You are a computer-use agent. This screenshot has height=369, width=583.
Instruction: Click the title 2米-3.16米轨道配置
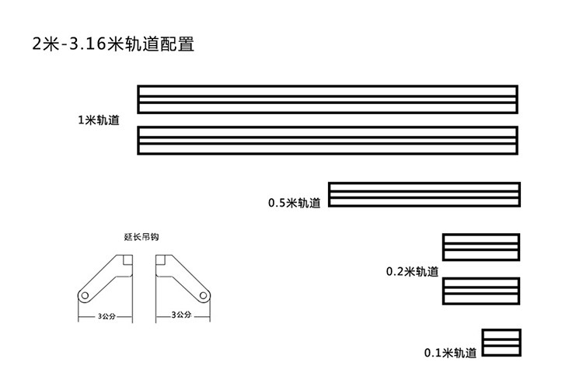click(x=113, y=44)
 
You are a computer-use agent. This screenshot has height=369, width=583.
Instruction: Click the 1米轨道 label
click(x=99, y=120)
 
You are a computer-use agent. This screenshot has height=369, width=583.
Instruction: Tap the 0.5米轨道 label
click(x=294, y=203)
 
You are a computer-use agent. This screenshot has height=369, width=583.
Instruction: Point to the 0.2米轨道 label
click(x=412, y=272)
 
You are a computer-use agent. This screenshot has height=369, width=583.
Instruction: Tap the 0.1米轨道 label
click(x=450, y=353)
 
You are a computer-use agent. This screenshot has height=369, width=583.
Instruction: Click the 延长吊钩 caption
click(x=141, y=237)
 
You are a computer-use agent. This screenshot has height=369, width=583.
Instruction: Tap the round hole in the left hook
click(x=85, y=296)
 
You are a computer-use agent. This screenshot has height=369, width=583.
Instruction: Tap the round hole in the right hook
click(x=203, y=296)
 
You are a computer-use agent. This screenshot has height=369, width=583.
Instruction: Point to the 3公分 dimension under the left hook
click(x=106, y=317)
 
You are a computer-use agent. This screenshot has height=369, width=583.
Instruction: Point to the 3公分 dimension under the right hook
click(x=181, y=315)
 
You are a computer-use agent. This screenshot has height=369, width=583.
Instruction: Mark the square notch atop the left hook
click(x=127, y=259)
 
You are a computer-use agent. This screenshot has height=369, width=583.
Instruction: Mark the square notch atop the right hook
click(x=161, y=259)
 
